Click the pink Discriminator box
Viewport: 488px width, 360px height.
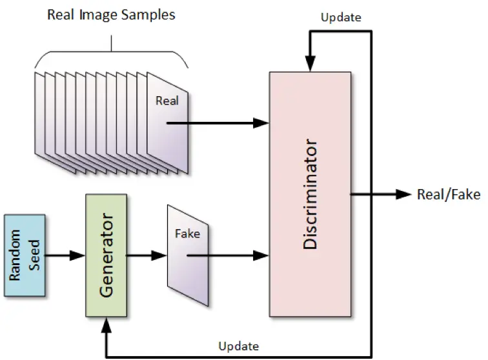(310, 194)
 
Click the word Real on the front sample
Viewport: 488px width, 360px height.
(167, 101)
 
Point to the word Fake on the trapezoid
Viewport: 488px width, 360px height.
(187, 234)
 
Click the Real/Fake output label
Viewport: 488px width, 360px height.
(449, 194)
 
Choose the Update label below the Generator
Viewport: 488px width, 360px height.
(239, 346)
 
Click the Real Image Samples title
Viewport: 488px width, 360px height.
(111, 14)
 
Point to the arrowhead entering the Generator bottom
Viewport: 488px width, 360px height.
(107, 325)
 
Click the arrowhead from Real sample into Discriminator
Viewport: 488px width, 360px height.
(261, 123)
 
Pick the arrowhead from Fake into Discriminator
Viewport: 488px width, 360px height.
(261, 255)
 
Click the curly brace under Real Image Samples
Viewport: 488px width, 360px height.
(112, 51)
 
